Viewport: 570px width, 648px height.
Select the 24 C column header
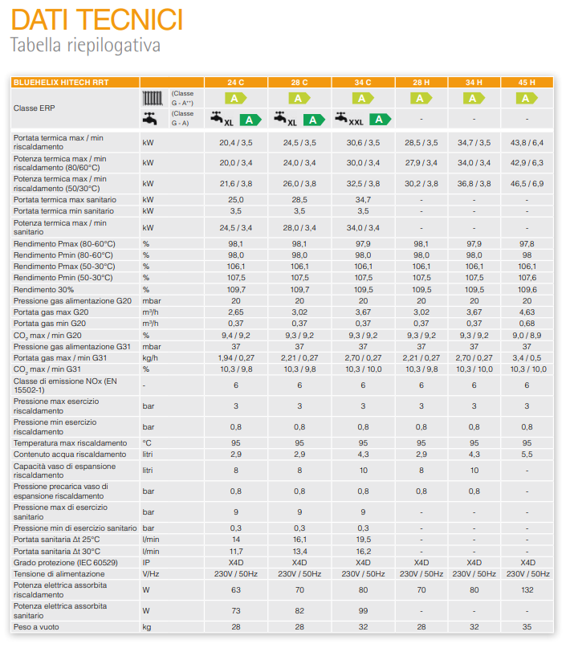235,82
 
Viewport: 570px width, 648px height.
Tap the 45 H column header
527,82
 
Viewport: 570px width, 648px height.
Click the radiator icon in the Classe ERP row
153,98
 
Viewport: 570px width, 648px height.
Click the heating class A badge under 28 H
421,98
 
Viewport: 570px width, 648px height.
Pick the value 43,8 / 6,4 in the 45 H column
527,142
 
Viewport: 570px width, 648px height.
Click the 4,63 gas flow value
527,312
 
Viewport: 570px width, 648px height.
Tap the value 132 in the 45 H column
527,590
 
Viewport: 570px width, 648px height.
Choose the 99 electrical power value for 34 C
363,611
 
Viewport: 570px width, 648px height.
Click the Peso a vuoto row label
36,627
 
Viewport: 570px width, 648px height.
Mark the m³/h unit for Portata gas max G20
150,312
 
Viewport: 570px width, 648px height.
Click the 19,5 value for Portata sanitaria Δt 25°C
363,540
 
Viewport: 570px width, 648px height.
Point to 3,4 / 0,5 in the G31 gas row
527,357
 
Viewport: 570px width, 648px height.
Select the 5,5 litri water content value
527,454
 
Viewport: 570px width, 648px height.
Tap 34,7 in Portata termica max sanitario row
363,199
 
